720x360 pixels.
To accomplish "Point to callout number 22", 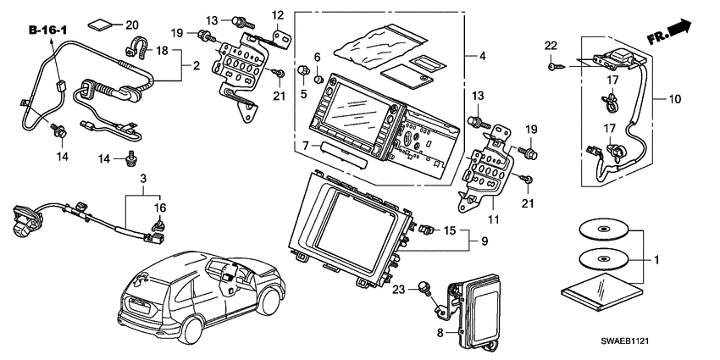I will tap(551, 45).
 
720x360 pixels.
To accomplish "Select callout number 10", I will tap(675, 100).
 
